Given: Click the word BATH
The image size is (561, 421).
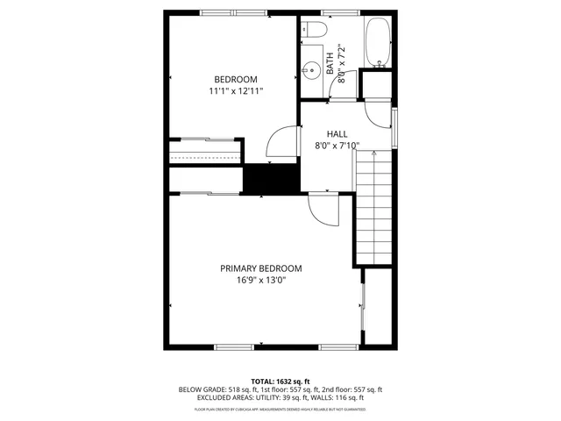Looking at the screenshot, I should coord(330,63).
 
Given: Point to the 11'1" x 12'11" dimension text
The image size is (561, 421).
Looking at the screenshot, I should coord(236,90).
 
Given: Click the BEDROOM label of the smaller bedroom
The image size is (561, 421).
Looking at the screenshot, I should coord(236,79).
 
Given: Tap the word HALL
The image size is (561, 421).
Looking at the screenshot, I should coord(337,133).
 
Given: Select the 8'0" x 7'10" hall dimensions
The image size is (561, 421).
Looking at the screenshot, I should coord(337,146).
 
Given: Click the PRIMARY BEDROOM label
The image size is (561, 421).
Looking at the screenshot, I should coord(260,268).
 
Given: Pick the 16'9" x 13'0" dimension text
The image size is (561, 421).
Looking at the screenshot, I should coord(260,281).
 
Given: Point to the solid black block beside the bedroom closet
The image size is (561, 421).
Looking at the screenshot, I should coord(271,179).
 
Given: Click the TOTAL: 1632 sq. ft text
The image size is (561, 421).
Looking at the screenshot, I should coord(280,381).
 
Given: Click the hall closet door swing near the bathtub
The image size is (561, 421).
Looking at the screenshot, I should coord(376,111).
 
